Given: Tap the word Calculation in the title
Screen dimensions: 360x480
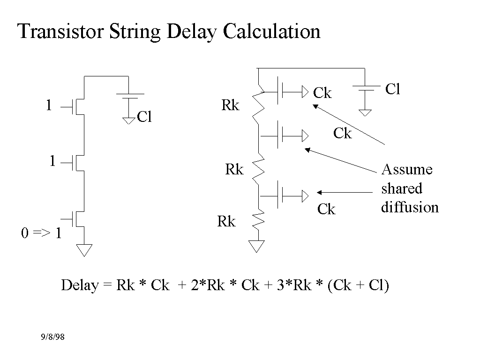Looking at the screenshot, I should click(x=271, y=31).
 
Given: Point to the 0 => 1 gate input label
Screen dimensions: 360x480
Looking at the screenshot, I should click(x=41, y=233).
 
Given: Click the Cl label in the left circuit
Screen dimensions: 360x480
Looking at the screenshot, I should click(x=144, y=117).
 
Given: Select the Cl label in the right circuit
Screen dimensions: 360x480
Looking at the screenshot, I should click(x=392, y=90).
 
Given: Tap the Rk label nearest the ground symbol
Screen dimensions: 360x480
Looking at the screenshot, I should click(x=226, y=222).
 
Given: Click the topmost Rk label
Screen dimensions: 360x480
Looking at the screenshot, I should click(x=230, y=106).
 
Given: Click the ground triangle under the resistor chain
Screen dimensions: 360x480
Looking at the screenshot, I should click(x=257, y=246).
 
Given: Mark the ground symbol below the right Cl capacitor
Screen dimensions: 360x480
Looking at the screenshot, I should click(x=365, y=112).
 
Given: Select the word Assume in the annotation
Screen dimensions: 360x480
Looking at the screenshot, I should click(x=407, y=169).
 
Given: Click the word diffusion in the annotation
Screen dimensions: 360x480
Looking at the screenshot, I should click(x=410, y=207).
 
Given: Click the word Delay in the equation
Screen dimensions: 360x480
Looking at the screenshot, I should click(x=80, y=285).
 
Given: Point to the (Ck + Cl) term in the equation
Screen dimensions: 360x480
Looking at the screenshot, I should click(x=358, y=285).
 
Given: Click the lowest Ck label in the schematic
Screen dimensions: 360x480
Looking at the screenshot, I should click(x=326, y=210).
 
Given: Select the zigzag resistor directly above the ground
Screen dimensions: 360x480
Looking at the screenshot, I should click(x=258, y=219).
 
